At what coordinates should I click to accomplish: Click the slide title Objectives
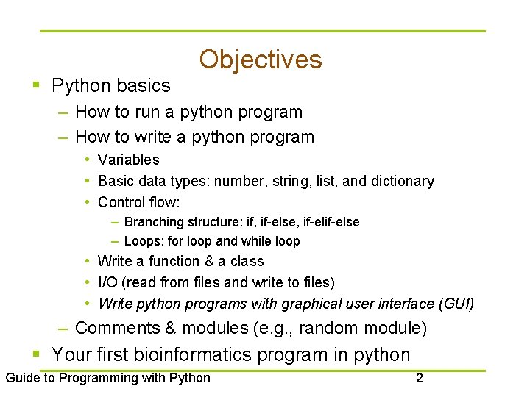coord(260,60)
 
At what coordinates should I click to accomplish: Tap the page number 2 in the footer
coord(419,378)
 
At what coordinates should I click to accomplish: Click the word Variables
coord(128,160)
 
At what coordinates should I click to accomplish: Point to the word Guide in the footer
coord(22,378)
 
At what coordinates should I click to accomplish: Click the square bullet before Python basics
coord(37,86)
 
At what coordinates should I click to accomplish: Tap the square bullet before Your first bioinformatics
coord(37,354)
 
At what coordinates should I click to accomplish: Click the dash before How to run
coord(63,112)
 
